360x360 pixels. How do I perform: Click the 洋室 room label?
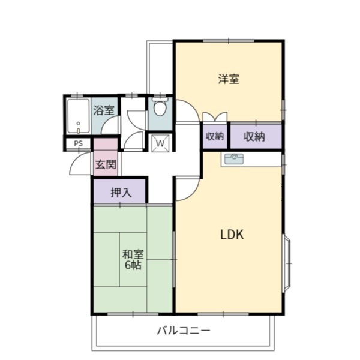(229, 79)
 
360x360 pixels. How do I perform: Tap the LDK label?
(231, 235)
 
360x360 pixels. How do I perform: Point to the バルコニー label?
(184, 331)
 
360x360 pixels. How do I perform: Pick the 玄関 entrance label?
(106, 164)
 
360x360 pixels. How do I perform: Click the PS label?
(78, 144)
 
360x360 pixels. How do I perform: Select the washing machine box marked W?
(161, 144)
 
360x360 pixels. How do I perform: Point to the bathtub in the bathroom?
(78, 116)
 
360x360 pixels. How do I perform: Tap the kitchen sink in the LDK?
(233, 160)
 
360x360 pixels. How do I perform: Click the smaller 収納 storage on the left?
(215, 137)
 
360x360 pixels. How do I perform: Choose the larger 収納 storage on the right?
(254, 137)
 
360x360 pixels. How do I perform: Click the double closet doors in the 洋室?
(215, 118)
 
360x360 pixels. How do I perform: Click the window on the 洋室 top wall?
(228, 40)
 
